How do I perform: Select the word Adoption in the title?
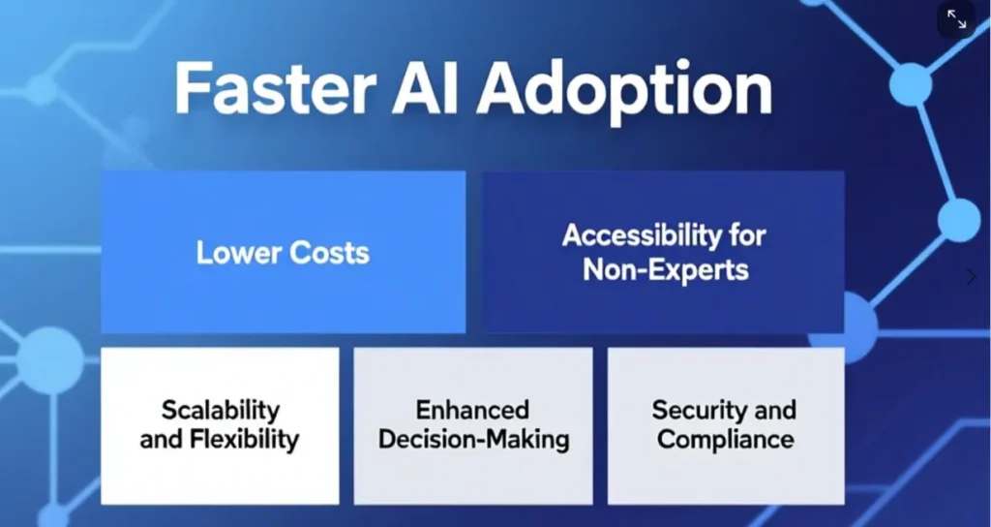(x=624, y=91)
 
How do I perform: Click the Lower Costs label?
(x=283, y=253)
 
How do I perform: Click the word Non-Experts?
(x=665, y=269)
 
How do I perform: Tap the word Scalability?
(x=221, y=410)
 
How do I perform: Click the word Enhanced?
(x=472, y=410)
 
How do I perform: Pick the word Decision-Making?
(x=473, y=440)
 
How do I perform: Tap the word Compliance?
(x=725, y=440)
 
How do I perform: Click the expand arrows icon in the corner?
(x=956, y=19)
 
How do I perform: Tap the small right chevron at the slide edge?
(x=972, y=277)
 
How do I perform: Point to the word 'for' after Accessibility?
(x=747, y=235)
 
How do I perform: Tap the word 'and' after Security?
(x=775, y=410)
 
